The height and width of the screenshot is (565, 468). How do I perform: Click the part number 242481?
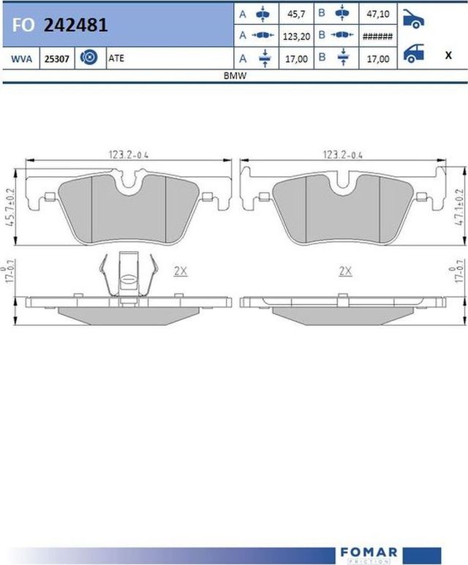pyautogui.click(x=76, y=26)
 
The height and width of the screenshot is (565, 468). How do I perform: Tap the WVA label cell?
pyautogui.click(x=21, y=58)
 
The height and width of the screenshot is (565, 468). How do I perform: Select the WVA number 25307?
pyautogui.click(x=56, y=58)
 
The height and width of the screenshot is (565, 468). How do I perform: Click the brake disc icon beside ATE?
pyautogui.click(x=88, y=57)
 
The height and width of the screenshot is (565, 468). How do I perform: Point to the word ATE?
pyautogui.click(x=116, y=58)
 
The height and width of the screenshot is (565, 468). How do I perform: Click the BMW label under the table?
pyautogui.click(x=235, y=76)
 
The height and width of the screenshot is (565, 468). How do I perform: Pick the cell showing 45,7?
pyautogui.click(x=296, y=14)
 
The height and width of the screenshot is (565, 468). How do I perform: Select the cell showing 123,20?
pyautogui.click(x=296, y=37)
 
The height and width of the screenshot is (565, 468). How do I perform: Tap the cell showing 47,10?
pyautogui.click(x=378, y=14)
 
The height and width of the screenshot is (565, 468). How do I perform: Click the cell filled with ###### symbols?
pyautogui.click(x=377, y=37)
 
